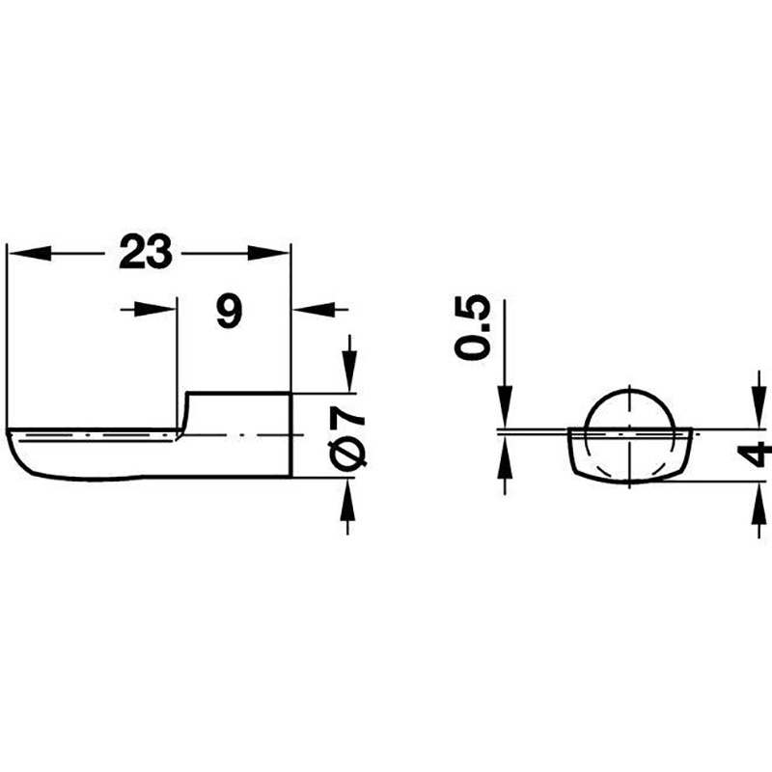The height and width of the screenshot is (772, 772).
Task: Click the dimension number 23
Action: [x=146, y=252]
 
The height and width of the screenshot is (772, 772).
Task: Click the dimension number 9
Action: [x=230, y=311]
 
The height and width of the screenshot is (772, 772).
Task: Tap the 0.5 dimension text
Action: [x=473, y=328]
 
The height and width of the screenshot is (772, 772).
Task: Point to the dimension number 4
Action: [x=755, y=454]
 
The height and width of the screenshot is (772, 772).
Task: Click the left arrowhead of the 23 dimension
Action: [x=30, y=253]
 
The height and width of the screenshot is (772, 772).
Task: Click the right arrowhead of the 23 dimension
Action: [x=268, y=253]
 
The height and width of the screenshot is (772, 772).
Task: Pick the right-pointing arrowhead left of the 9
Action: [x=155, y=310]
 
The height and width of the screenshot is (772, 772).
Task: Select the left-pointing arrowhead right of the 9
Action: [x=314, y=310]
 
